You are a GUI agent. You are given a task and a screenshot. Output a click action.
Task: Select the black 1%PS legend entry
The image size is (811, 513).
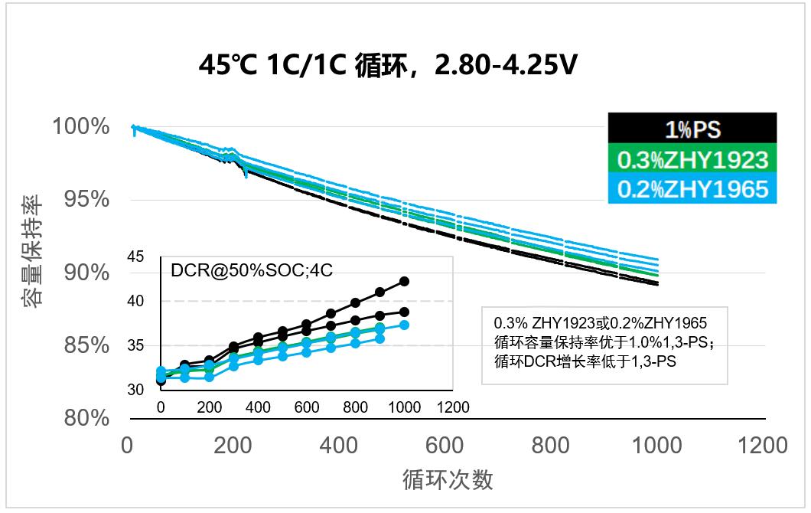coord(692,129)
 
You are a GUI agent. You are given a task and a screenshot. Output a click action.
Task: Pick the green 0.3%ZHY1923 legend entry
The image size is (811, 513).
coord(692,159)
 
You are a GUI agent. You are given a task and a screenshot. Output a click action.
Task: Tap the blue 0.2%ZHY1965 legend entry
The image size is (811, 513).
coord(692,188)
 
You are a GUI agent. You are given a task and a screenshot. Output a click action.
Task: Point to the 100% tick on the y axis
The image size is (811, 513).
coord(81,126)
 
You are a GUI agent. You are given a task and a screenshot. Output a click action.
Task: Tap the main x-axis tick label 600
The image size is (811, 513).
coord(444,446)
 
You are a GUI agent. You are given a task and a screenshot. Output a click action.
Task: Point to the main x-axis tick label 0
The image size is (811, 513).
coord(128,446)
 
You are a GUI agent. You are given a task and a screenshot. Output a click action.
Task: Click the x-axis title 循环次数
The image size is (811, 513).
coord(448,479)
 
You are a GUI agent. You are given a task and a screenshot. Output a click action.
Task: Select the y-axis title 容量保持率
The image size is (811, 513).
coord(32,252)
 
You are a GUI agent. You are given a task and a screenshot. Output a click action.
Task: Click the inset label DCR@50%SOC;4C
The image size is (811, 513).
coord(234,270)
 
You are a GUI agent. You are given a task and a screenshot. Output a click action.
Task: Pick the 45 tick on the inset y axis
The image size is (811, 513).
coord(135,256)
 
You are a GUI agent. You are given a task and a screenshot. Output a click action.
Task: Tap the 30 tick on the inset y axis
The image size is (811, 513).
coord(135,390)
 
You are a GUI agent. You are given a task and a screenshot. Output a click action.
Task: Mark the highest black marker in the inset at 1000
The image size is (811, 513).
coord(404,282)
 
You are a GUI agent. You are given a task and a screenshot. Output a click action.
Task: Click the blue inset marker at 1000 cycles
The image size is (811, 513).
coord(404,325)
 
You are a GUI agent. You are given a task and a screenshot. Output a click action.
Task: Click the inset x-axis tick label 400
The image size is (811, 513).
coord(258,407)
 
